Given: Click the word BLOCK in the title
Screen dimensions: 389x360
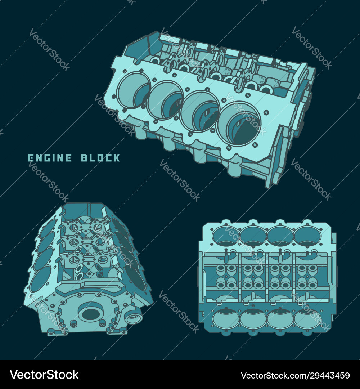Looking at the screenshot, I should coord(100,158).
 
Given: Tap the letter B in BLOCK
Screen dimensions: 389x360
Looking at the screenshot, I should coord(84,158).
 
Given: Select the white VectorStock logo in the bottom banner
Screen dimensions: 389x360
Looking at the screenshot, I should coord(44,375).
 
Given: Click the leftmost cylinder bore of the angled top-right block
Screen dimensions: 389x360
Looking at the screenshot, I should coord(132,90).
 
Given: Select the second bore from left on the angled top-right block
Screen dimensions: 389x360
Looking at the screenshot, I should coord(165,100).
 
